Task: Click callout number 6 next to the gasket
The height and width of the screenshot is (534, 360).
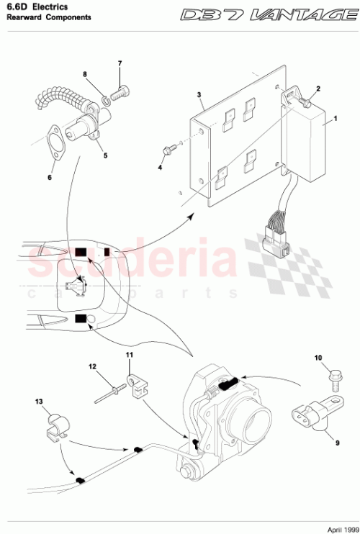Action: tap(50, 176)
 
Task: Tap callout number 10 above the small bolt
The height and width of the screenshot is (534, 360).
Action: tap(318, 357)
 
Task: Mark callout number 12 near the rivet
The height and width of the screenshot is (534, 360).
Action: tap(92, 366)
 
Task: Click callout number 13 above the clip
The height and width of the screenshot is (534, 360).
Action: tap(40, 401)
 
